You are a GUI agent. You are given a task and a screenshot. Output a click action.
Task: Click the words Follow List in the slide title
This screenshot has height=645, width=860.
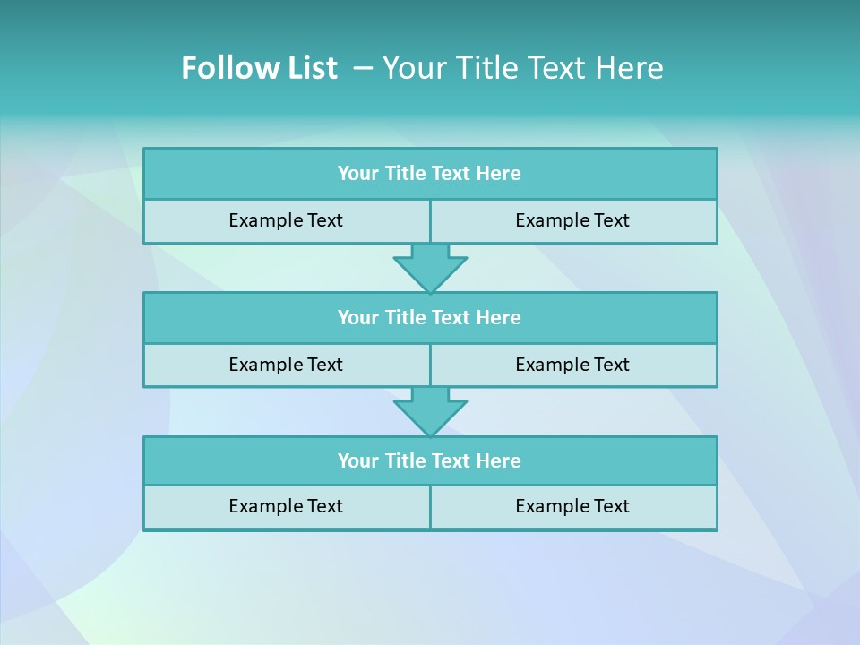click(259, 68)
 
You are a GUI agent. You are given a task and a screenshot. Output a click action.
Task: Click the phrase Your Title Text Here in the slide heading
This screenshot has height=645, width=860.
click(522, 68)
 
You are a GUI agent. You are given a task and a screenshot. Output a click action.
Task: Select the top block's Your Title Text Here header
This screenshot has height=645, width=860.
click(429, 174)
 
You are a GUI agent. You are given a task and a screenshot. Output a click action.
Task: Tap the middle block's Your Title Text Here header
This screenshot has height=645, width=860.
click(429, 317)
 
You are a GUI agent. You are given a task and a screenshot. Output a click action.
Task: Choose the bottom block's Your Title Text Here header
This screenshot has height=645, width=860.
click(429, 460)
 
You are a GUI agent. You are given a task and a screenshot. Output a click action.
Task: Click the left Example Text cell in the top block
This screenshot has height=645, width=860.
click(286, 220)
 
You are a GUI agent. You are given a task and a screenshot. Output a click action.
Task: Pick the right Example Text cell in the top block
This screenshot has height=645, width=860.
click(572, 220)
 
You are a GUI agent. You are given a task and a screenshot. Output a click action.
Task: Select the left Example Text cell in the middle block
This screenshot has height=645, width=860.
click(286, 365)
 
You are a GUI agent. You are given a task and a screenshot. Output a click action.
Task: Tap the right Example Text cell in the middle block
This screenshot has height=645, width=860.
click(572, 365)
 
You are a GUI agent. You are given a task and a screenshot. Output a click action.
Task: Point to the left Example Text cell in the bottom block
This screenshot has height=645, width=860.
click(286, 506)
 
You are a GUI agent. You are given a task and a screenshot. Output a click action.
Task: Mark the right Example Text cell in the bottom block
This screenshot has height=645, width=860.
click(572, 506)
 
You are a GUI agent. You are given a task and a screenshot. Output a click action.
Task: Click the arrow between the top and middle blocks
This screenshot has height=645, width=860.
click(430, 268)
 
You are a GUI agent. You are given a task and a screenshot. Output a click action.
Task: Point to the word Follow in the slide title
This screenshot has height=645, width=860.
click(225, 68)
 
